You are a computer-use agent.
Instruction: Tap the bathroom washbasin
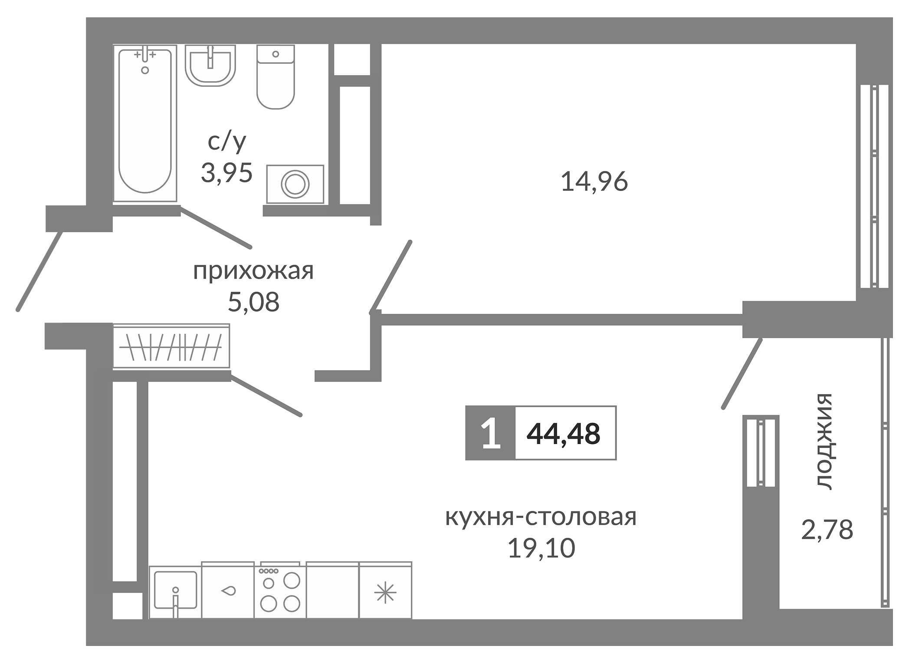pyautogui.click(x=210, y=65)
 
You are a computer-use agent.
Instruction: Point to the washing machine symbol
pyautogui.click(x=295, y=184)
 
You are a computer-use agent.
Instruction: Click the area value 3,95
pyautogui.click(x=226, y=173)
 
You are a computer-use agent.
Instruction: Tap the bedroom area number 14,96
pyautogui.click(x=594, y=181)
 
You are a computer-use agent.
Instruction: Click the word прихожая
pyautogui.click(x=253, y=271)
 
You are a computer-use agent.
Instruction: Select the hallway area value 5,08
pyautogui.click(x=253, y=302)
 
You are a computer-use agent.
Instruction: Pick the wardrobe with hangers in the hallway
pyautogui.click(x=171, y=347)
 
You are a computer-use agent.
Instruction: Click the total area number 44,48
pyautogui.click(x=563, y=433)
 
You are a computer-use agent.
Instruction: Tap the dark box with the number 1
pyautogui.click(x=490, y=433)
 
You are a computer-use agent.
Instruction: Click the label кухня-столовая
pyautogui.click(x=541, y=517)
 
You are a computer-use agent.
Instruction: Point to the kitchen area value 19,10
pyautogui.click(x=541, y=548)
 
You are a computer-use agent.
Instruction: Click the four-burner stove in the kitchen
pyautogui.click(x=280, y=590)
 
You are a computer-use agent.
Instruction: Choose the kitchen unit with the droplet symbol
pyautogui.click(x=228, y=591)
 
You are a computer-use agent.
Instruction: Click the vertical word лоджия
pyautogui.click(x=823, y=441)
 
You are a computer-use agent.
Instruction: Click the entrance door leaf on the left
pyautogui.click(x=39, y=272)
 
